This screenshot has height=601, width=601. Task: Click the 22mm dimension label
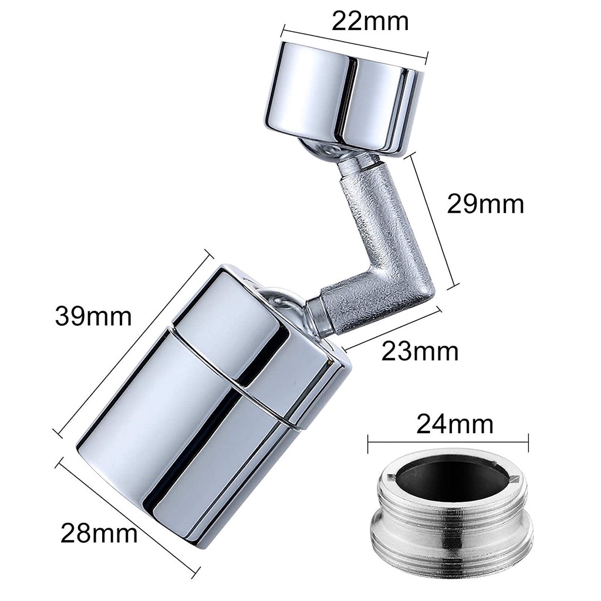coord(370,22)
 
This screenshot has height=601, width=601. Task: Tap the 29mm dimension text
coord(485,204)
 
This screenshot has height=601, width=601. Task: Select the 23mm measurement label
coord(420,351)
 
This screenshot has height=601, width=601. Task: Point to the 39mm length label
coord(93,316)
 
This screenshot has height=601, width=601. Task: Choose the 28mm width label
coord(99,533)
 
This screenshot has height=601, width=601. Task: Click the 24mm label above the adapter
coord(455,424)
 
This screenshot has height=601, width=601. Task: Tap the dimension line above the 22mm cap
coord(354,45)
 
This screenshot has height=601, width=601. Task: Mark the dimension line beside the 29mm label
coord(433,219)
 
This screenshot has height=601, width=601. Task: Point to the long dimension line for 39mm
coord(133,343)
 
